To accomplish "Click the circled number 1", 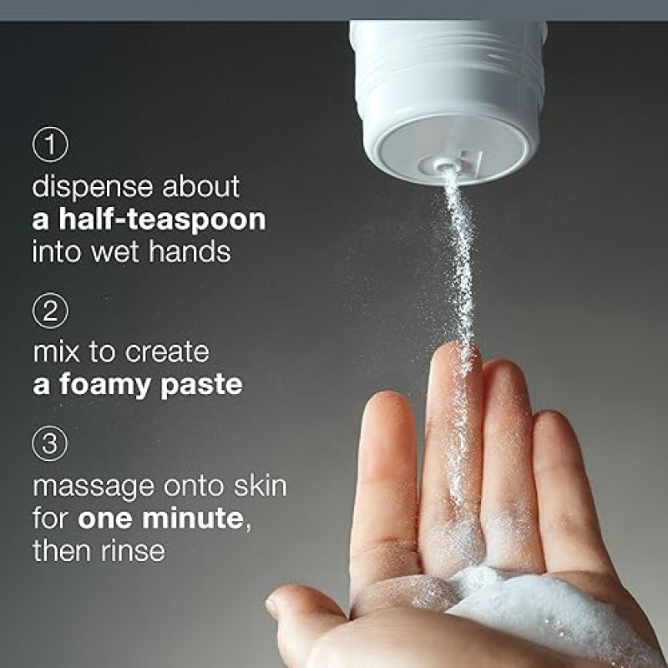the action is (x=50, y=144).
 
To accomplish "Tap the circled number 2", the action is (x=50, y=311).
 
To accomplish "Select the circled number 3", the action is (x=50, y=443).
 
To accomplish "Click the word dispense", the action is (x=93, y=187).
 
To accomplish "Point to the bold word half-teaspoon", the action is (x=162, y=220).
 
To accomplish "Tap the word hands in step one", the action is (x=190, y=251).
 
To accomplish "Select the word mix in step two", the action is (x=56, y=352).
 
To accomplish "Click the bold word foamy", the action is (x=105, y=386).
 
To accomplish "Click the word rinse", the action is (x=133, y=550).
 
